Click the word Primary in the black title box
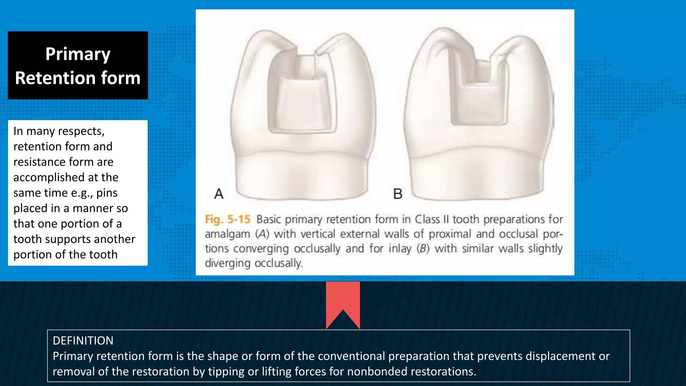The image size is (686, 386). (78, 54)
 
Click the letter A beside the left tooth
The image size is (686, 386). (219, 194)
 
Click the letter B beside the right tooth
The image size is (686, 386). (398, 194)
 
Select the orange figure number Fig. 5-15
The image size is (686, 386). (227, 219)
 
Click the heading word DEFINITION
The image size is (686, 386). (83, 341)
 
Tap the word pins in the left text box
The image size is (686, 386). (107, 193)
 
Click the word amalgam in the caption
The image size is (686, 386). (227, 234)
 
